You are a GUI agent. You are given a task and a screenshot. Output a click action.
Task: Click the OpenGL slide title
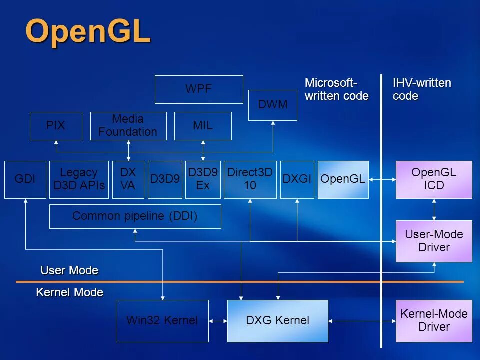tap(88, 32)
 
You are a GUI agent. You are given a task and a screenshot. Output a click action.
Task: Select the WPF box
tap(199, 89)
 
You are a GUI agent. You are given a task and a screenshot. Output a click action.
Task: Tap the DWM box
tap(272, 105)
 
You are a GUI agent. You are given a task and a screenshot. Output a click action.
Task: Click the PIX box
tap(55, 126)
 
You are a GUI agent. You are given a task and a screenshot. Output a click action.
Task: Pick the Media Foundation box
tap(128, 126)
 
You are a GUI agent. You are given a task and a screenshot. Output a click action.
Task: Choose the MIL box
tap(203, 126)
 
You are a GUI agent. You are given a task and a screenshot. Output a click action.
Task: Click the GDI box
tap(25, 179)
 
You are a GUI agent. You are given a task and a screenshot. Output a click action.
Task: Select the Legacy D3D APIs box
tap(79, 179)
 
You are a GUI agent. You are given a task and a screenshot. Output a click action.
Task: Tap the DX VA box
tap(128, 179)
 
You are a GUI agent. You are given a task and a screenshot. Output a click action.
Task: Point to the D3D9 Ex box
tap(203, 179)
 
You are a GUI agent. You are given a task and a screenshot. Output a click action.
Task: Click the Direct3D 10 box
tap(250, 179)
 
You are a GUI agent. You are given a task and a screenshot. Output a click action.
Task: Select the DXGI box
tap(297, 179)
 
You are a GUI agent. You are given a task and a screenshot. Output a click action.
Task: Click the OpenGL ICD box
tap(434, 179)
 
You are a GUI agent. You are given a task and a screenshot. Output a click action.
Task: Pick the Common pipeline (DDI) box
tap(135, 216)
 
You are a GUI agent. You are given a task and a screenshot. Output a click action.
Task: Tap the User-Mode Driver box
tap(434, 241)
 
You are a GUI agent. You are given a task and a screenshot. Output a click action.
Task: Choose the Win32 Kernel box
tap(162, 321)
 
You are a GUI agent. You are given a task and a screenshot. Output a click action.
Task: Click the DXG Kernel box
tap(278, 321)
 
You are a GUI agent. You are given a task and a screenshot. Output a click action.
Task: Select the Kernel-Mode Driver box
tap(434, 321)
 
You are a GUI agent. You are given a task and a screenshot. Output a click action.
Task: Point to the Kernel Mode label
tap(70, 293)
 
